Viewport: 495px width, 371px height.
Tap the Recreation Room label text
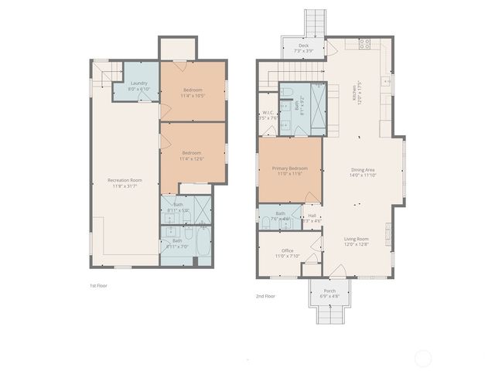pyautogui.click(x=125, y=183)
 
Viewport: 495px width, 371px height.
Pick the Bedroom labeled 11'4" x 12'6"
pyautogui.click(x=192, y=155)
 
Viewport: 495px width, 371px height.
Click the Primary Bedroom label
pyautogui.click(x=289, y=171)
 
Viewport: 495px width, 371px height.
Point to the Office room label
pyautogui.click(x=287, y=253)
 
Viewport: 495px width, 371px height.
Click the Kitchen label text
pyautogui.click(x=355, y=94)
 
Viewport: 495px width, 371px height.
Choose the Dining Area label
pyautogui.click(x=364, y=172)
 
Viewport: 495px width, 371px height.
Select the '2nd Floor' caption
pyautogui.click(x=265, y=295)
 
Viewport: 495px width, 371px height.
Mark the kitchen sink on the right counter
pyautogui.click(x=386, y=80)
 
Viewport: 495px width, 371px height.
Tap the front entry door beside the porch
pyautogui.click(x=337, y=271)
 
